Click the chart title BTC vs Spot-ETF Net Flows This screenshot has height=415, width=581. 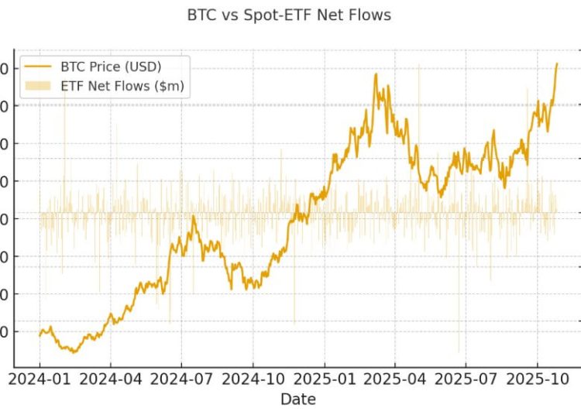click(x=289, y=15)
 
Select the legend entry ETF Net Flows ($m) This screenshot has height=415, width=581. click(x=122, y=85)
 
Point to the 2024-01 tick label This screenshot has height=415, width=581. click(x=40, y=379)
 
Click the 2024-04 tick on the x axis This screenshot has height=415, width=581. click(x=110, y=379)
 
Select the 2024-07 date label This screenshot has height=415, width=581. click(x=181, y=379)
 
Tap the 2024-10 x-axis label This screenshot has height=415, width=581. click(x=253, y=379)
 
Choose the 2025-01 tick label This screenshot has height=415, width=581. click(x=325, y=379)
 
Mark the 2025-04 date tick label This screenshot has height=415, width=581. click(x=395, y=379)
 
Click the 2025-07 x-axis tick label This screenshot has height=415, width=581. click(x=466, y=379)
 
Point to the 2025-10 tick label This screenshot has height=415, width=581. click(x=538, y=379)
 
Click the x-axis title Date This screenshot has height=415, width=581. click(x=298, y=399)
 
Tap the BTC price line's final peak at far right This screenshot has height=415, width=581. click(x=556, y=63)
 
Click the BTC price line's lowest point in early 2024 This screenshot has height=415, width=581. click(x=74, y=352)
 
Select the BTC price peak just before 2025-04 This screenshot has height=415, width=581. click(x=376, y=74)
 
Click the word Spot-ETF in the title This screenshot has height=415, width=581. click(x=277, y=15)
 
